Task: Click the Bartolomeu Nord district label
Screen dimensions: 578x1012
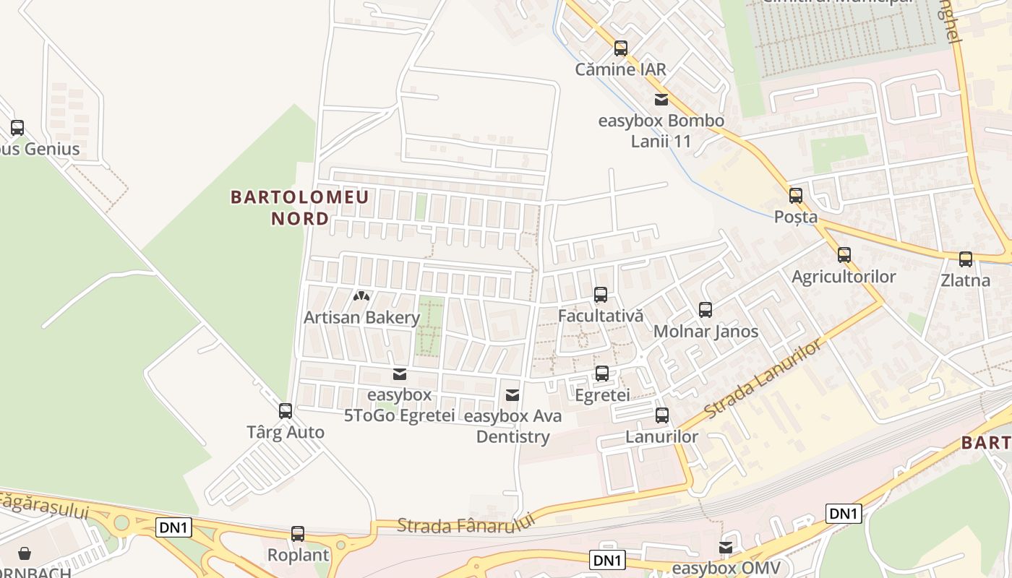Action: pos(299,207)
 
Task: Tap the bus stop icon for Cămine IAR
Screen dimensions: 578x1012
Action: pos(620,48)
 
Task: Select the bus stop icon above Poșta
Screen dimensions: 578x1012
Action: pos(796,196)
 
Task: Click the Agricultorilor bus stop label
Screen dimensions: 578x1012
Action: pos(844,277)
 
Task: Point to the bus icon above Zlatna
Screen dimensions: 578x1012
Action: pos(966,259)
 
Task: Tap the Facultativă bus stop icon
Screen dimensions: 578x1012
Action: pos(601,295)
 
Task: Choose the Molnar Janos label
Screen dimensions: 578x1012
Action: pos(706,332)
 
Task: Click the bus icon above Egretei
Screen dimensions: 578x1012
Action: pos(601,374)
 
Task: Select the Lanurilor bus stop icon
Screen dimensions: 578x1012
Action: pos(662,415)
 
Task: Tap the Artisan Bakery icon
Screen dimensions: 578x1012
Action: pos(361,296)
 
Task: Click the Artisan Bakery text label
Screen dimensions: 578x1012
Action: pos(361,317)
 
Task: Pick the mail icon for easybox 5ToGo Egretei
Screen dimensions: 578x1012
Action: pos(399,374)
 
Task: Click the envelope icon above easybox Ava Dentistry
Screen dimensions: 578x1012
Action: pos(513,395)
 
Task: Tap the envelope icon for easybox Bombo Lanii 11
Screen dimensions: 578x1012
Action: pos(661,100)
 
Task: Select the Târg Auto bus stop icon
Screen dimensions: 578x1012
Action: pos(286,411)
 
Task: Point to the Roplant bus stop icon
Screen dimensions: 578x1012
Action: pos(298,534)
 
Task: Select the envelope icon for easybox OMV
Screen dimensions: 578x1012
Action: pos(725,548)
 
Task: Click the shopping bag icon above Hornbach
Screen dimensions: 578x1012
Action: pos(25,553)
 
